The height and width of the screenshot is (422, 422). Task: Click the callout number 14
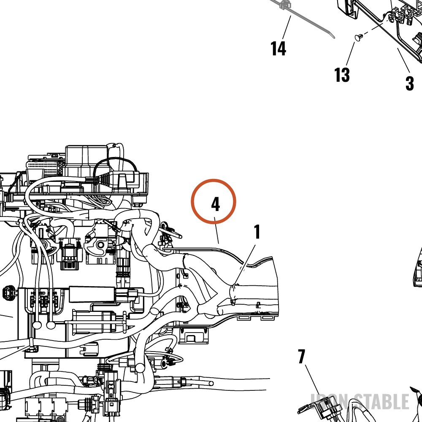(x=278, y=49)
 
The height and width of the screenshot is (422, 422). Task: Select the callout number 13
(x=342, y=75)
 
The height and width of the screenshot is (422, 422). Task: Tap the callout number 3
(x=410, y=84)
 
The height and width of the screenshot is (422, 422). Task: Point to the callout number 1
(x=257, y=232)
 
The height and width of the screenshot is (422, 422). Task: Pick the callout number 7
(x=301, y=356)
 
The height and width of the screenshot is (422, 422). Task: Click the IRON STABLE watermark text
(x=360, y=401)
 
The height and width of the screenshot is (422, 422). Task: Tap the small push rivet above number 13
(x=359, y=38)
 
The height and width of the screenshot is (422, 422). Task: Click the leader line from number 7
(x=313, y=381)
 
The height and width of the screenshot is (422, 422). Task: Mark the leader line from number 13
(x=350, y=54)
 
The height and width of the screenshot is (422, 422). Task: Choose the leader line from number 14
(x=287, y=27)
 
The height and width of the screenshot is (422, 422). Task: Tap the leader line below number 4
(x=216, y=230)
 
